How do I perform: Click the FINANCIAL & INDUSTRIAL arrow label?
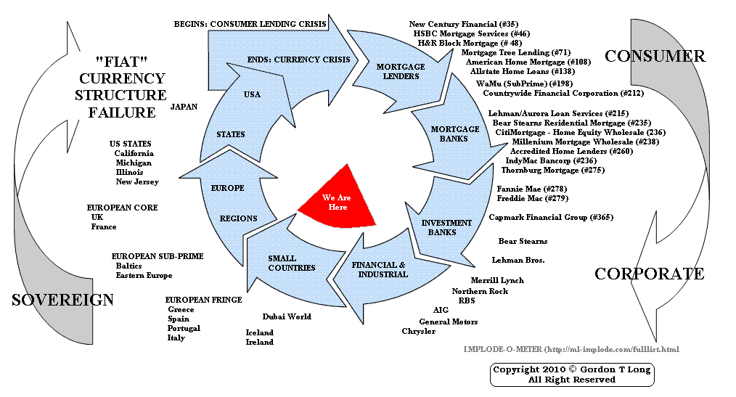380,269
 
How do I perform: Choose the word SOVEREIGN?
62,300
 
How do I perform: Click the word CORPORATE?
649,274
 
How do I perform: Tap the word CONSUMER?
655,56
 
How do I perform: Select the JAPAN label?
184,106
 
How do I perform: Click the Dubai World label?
287,316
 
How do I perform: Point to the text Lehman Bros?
518,260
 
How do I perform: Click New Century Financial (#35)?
463,24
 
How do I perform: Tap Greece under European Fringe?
181,310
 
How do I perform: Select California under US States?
134,153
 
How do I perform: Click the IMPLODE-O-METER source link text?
571,349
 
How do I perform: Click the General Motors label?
449,322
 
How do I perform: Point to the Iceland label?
260,332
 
